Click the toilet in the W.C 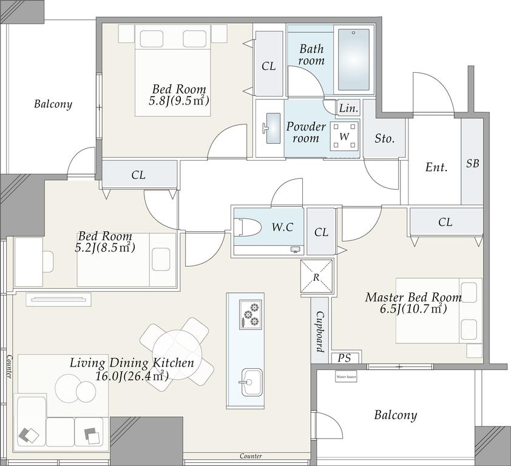248,227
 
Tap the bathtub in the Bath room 354,59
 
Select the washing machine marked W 344,136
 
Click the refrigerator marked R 316,276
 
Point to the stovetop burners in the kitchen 251,314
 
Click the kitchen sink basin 251,382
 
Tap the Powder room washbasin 272,128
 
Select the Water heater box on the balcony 346,377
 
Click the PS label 344,358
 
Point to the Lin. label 349,108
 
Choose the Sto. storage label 385,139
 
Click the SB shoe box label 473,163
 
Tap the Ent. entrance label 436,167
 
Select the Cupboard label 320,332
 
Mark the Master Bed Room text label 413,297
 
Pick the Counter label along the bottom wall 251,456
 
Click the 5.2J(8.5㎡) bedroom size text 105,248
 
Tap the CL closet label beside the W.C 321,232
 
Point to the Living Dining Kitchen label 132,363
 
